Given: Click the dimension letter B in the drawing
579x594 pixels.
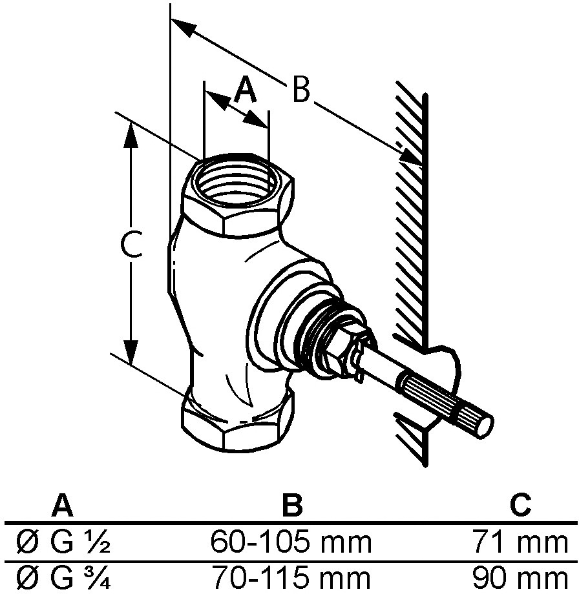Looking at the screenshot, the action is tap(301, 89).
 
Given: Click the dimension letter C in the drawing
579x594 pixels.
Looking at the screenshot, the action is tap(131, 244).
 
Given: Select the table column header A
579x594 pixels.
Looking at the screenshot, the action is tap(63, 506).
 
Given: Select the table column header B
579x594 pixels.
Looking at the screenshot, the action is tap(292, 506).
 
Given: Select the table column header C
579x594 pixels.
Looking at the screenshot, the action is tap(521, 506).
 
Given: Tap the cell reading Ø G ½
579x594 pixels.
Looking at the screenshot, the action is tap(63, 542).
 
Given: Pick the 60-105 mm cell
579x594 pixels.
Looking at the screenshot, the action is tap(291, 542).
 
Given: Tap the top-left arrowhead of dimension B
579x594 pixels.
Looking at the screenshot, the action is tap(184, 28).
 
